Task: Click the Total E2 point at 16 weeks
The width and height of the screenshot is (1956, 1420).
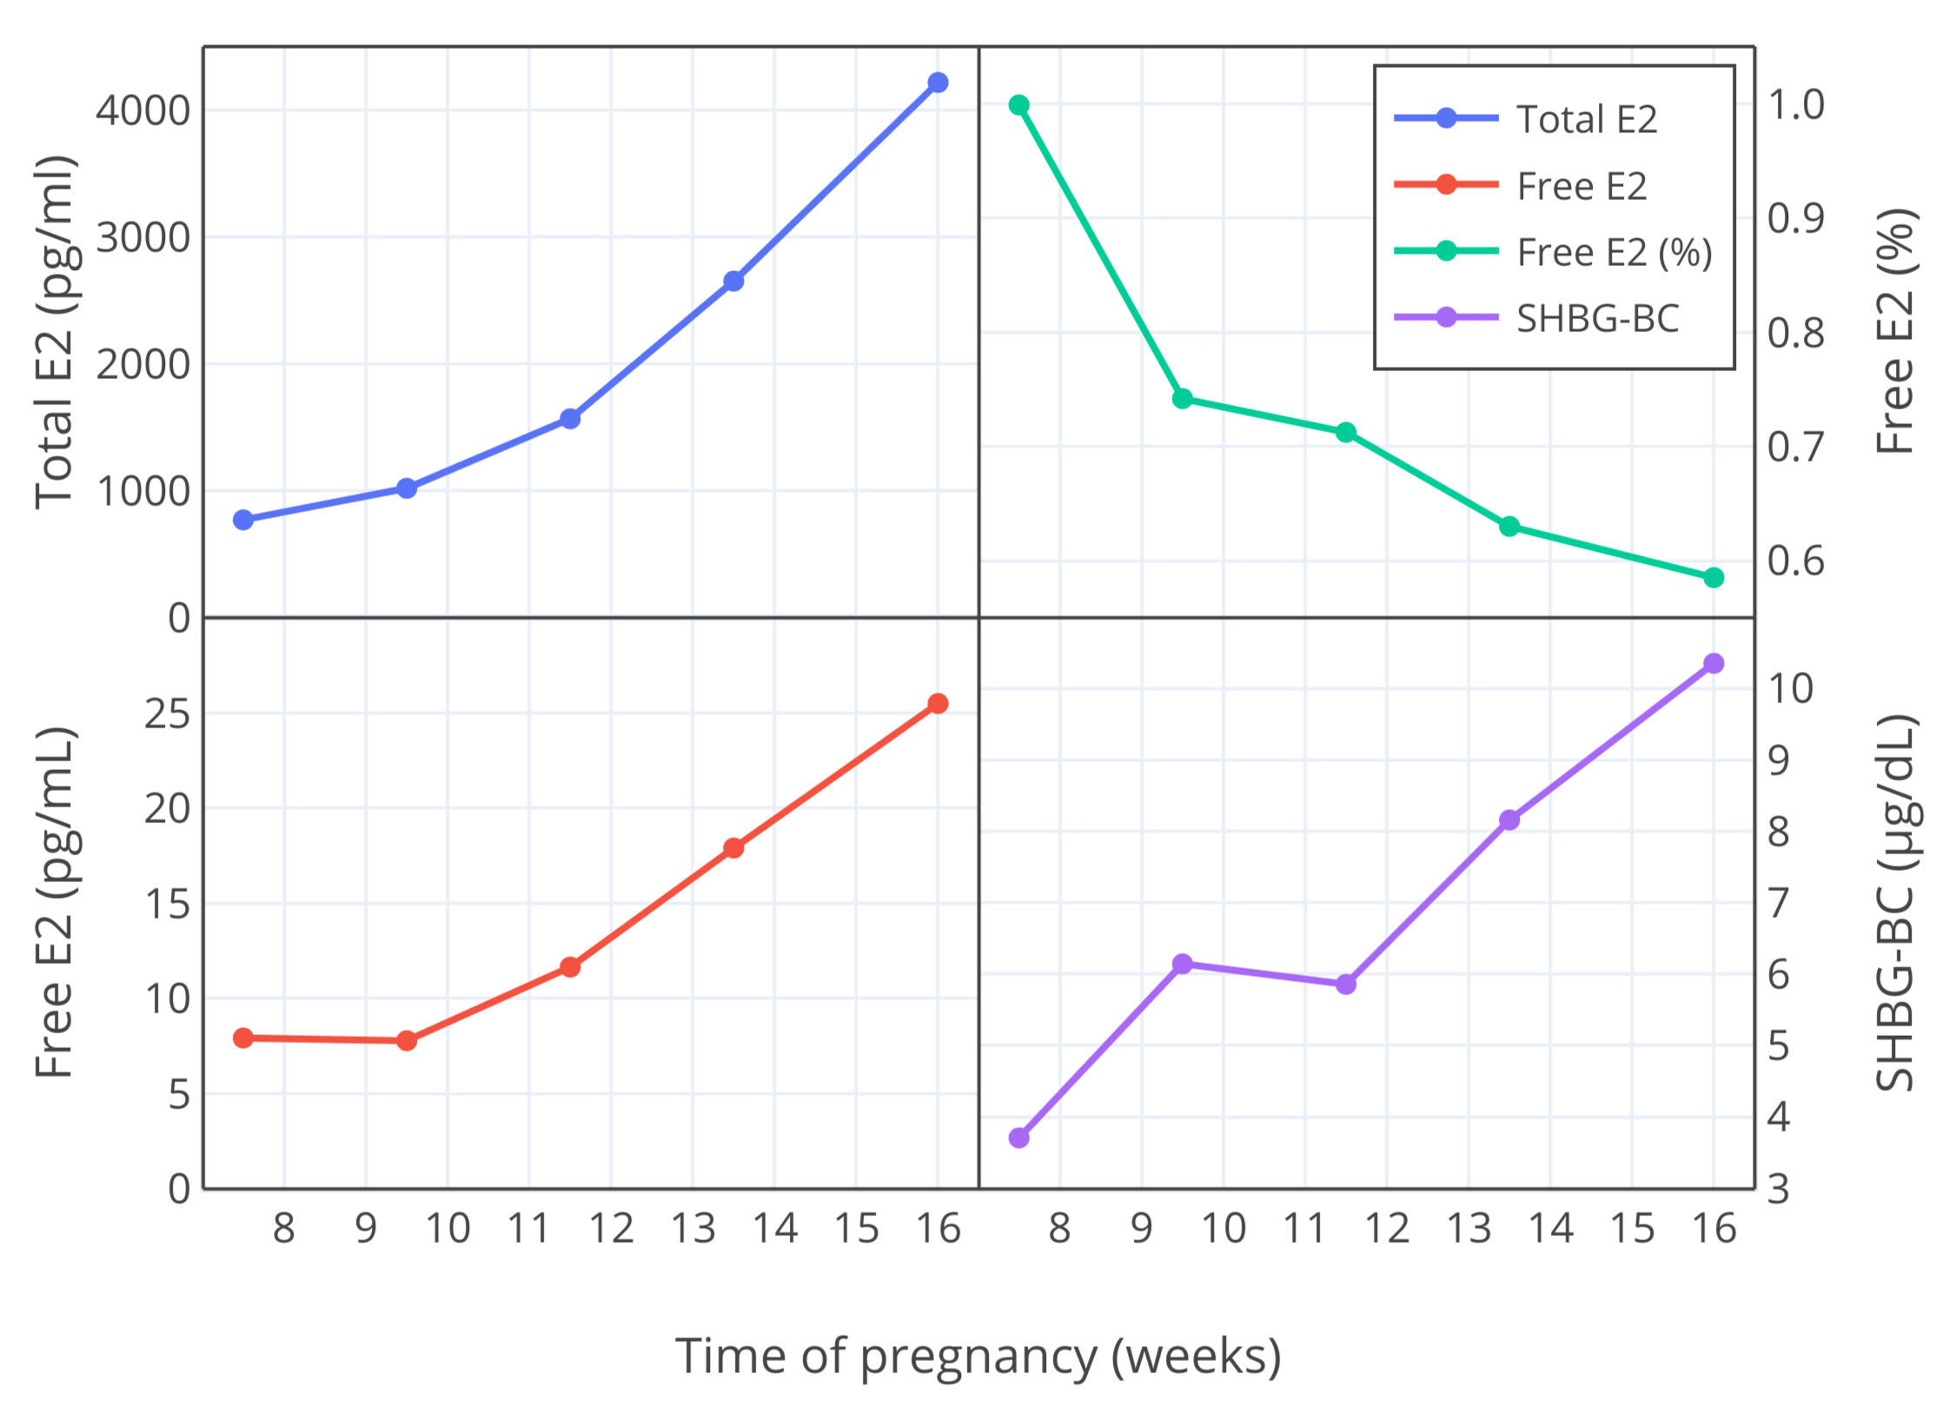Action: [x=937, y=83]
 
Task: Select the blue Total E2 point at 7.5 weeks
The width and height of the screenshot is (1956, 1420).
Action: [x=243, y=520]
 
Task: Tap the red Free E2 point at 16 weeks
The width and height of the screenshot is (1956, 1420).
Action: [x=937, y=703]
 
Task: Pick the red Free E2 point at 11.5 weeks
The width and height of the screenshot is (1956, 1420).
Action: [x=570, y=966]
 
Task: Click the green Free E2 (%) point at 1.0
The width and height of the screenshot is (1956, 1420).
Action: [x=1019, y=105]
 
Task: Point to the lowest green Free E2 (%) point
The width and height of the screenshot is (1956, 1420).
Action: [x=1713, y=577]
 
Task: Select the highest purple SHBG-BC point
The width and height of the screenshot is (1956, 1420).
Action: [x=1713, y=663]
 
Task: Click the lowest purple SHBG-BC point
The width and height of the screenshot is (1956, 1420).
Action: [x=1019, y=1138]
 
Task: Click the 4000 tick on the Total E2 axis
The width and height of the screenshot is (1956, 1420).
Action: [x=143, y=110]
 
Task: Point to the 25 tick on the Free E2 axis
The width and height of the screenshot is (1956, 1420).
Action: [x=167, y=713]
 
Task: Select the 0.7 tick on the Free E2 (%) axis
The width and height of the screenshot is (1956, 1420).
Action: [x=1795, y=447]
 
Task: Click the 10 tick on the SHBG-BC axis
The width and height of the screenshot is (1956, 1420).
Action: [x=1790, y=688]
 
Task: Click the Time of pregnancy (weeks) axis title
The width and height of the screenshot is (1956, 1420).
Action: [x=978, y=1356]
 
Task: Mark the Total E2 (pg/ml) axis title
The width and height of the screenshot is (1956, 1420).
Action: [x=54, y=332]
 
